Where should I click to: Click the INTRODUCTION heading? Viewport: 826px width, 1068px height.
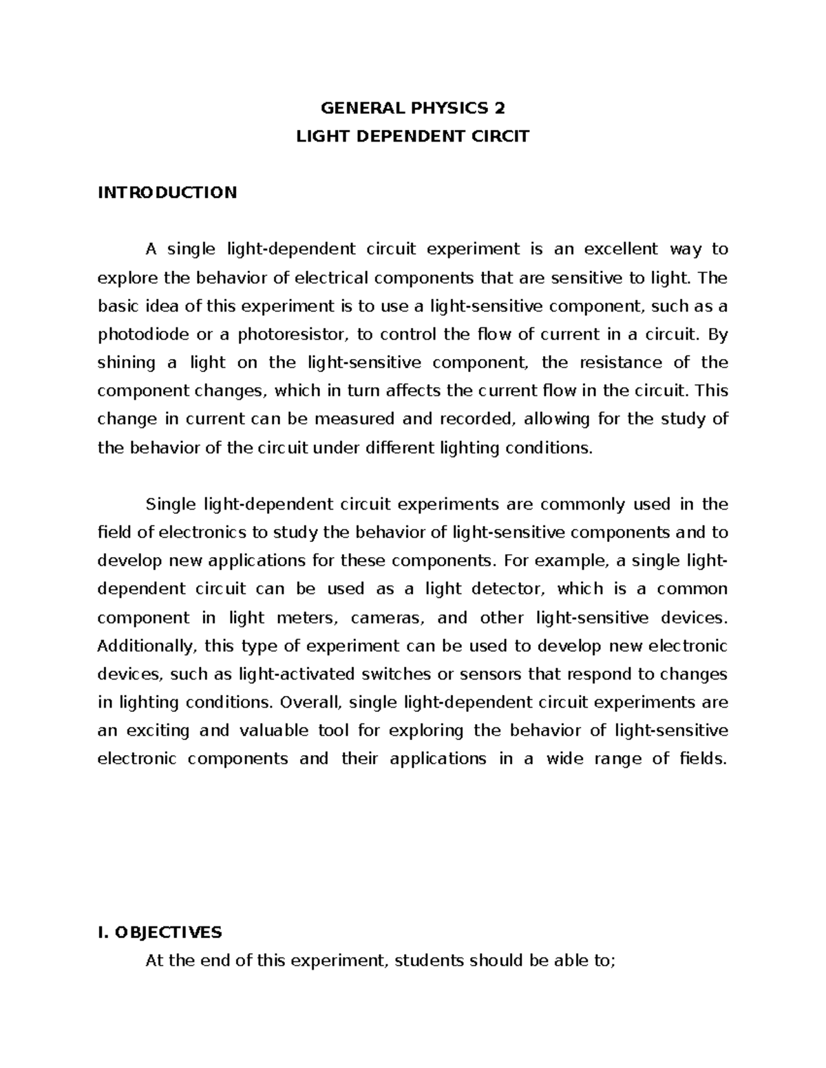(167, 192)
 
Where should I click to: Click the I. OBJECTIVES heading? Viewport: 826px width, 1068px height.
(160, 933)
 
